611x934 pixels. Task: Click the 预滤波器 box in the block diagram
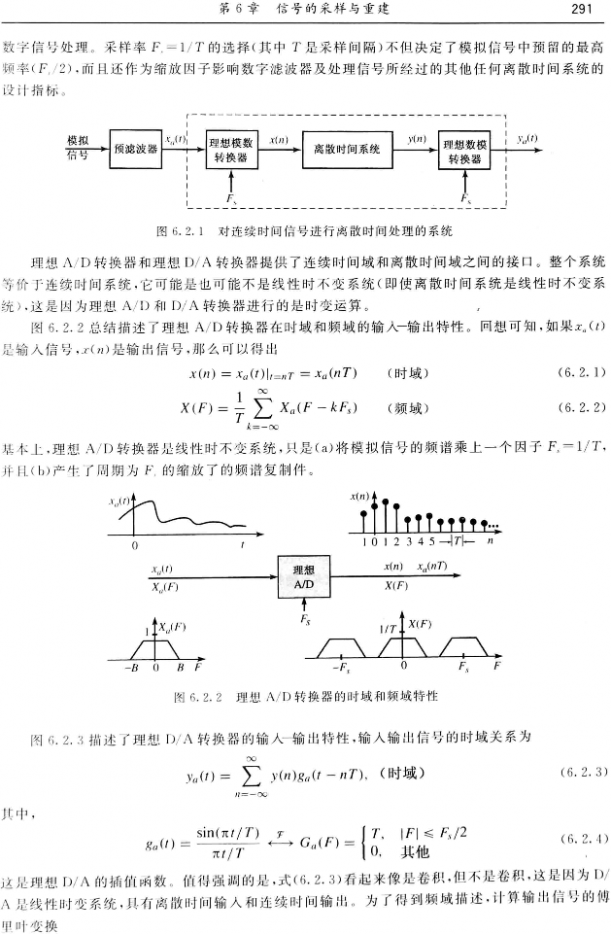click(136, 149)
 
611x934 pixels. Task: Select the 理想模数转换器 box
click(232, 150)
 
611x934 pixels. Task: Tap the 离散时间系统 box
click(346, 150)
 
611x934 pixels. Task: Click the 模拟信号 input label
click(77, 149)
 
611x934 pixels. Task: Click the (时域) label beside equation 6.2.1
click(407, 372)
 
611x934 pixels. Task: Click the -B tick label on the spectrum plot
click(129, 669)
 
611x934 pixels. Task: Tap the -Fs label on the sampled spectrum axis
click(341, 669)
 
